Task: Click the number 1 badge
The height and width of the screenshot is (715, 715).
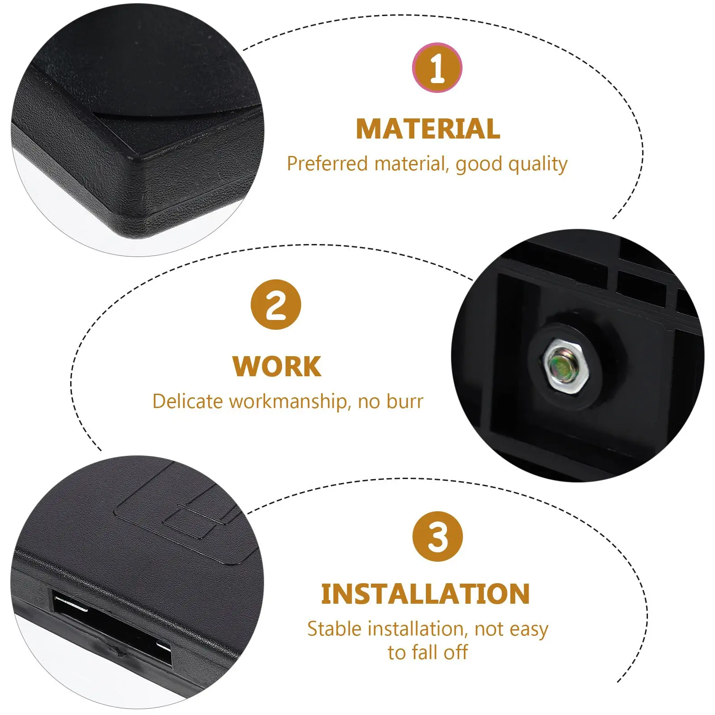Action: point(437,67)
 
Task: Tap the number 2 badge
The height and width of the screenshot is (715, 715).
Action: point(276,305)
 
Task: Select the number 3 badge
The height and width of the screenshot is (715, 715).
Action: point(437,537)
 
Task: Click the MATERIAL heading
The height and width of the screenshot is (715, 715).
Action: point(428,129)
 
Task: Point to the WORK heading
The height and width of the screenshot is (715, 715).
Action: point(277,367)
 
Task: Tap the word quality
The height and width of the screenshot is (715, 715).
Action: point(538,165)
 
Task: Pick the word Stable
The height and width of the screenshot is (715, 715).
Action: point(334,629)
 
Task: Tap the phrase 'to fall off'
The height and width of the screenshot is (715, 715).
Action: point(428,652)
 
